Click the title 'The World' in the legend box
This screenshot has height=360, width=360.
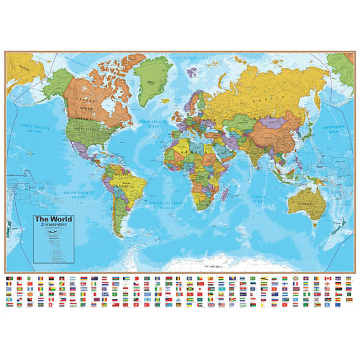53,219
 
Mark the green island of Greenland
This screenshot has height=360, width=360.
149,81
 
